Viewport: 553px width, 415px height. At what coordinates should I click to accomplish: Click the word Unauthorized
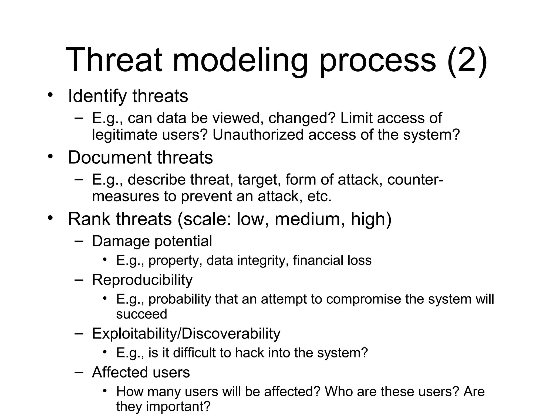click(x=258, y=135)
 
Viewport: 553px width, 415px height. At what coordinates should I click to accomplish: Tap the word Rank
click(x=89, y=219)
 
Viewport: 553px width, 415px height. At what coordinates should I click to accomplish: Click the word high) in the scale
click(x=371, y=219)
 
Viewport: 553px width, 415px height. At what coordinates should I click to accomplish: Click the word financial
click(x=318, y=260)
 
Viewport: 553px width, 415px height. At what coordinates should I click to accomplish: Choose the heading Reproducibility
click(x=142, y=280)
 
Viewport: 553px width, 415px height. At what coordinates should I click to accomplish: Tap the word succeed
click(x=141, y=314)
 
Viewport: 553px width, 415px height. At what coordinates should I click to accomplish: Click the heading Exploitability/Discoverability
click(x=186, y=334)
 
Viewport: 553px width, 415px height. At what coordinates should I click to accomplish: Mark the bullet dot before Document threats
click(x=50, y=157)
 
